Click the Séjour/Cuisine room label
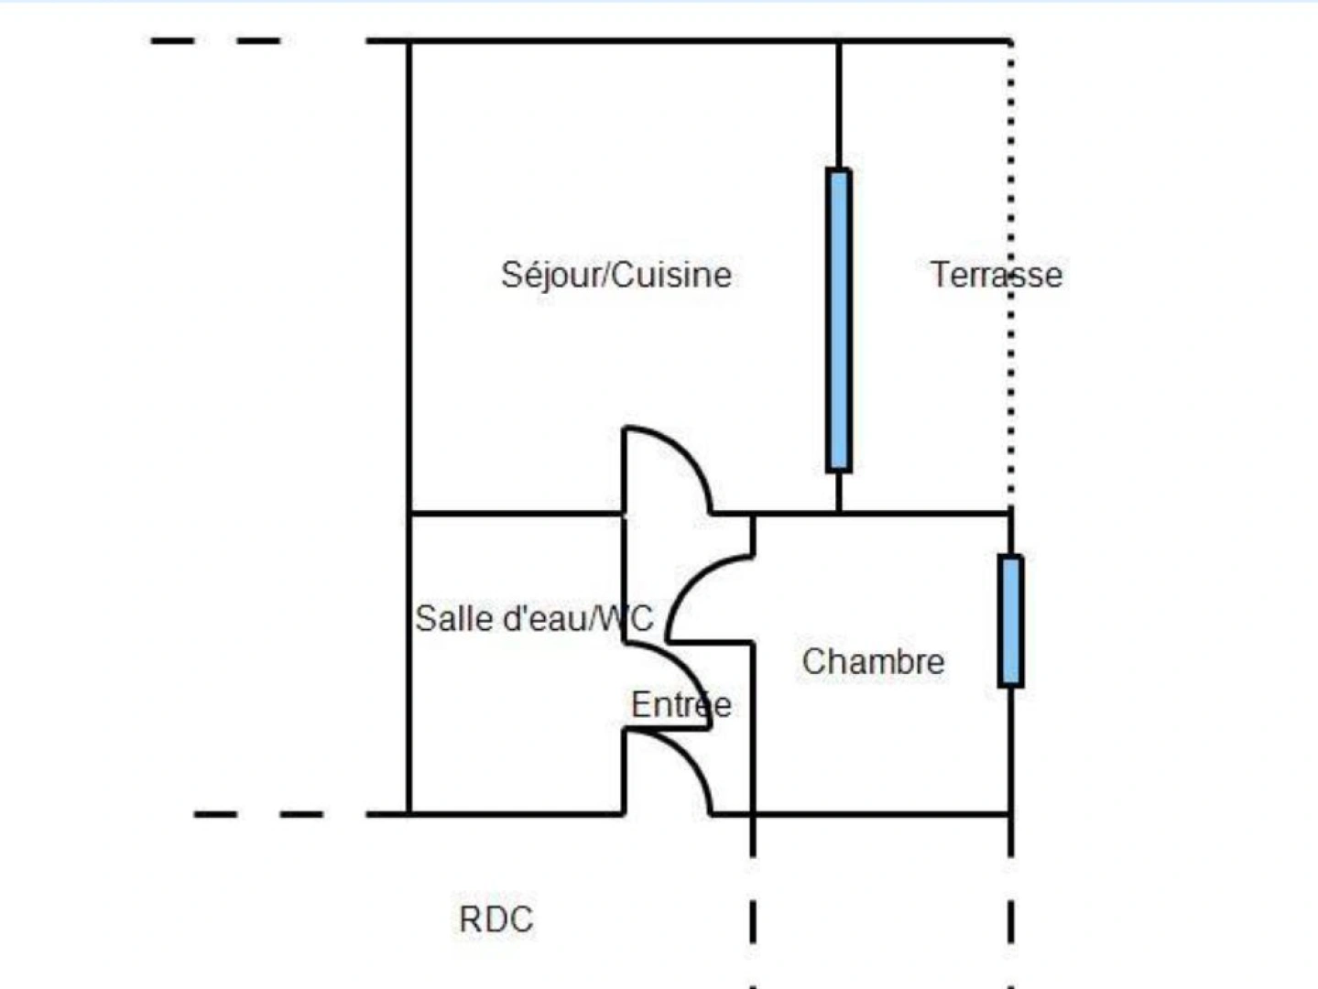pyautogui.click(x=615, y=275)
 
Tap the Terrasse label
pyautogui.click(x=996, y=275)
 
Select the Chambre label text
pyautogui.click(x=873, y=661)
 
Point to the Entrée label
pyautogui.click(x=681, y=704)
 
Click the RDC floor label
pyautogui.click(x=496, y=919)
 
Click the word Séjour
pyautogui.click(x=552, y=275)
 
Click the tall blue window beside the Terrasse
pyautogui.click(x=838, y=320)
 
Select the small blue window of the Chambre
pyautogui.click(x=1010, y=620)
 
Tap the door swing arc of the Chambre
pyautogui.click(x=688, y=582)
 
